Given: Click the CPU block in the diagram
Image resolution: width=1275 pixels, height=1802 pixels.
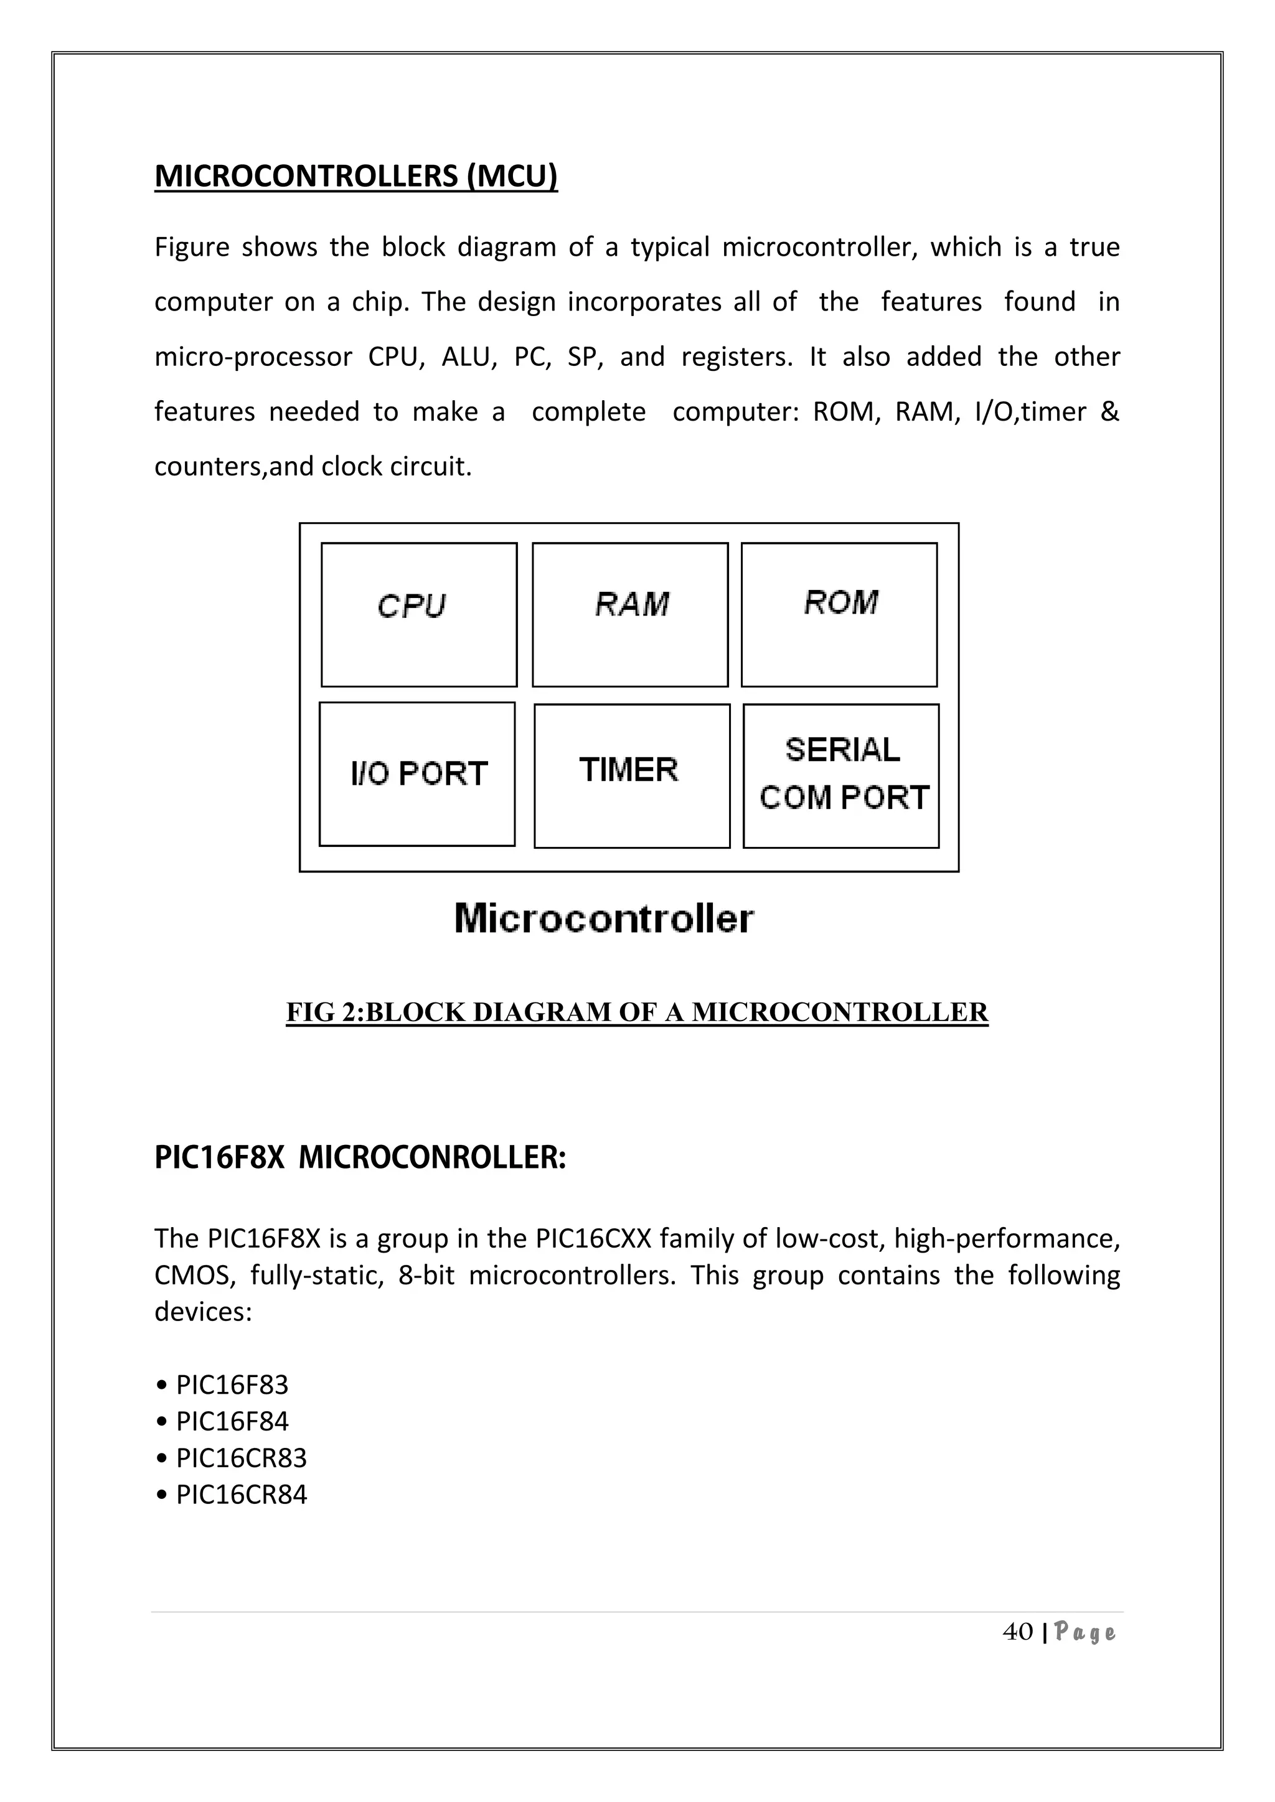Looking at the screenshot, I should (x=418, y=615).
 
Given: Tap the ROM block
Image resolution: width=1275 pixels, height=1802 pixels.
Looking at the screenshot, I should (x=839, y=615).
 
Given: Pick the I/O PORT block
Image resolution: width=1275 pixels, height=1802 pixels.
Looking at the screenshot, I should (x=417, y=774).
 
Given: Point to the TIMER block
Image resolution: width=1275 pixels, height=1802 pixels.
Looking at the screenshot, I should (x=631, y=775).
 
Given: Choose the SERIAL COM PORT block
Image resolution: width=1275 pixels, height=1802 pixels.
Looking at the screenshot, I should (x=841, y=775).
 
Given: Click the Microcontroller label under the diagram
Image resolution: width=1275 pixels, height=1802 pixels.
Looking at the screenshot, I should (x=604, y=918).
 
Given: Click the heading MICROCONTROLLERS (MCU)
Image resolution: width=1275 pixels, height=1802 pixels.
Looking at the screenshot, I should (x=355, y=176).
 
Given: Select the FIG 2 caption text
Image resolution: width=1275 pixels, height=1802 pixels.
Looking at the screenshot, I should (x=637, y=1012).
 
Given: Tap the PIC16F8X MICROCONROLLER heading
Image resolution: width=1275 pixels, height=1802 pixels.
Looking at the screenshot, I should (x=360, y=1157).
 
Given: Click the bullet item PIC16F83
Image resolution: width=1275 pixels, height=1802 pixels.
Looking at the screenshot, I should (x=232, y=1384).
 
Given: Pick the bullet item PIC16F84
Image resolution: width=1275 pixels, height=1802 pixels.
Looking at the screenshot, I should (x=232, y=1421).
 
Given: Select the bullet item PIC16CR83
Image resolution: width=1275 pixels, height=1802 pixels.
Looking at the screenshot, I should (x=241, y=1457).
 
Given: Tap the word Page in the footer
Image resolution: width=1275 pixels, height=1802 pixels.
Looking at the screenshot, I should (x=1085, y=1633).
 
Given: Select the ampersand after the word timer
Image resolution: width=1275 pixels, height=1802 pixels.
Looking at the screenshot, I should (x=1109, y=411).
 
